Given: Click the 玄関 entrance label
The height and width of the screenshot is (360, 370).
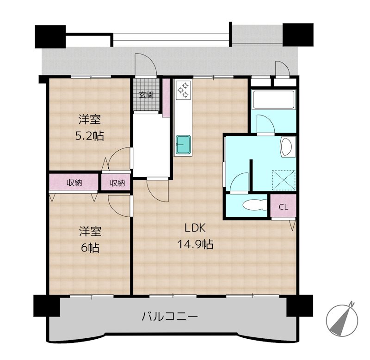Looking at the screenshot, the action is tap(146, 95).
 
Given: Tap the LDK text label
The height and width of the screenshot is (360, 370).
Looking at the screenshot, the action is tap(195, 228).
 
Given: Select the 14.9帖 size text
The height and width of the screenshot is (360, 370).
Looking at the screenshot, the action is tap(195, 244).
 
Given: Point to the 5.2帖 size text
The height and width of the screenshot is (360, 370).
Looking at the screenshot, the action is tap(89, 136).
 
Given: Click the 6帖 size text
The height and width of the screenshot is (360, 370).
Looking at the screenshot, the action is tap(90, 248).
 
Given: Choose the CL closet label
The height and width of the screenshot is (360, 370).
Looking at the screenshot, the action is tap(284, 207).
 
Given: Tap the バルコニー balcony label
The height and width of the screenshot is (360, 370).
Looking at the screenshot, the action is tap(170, 317).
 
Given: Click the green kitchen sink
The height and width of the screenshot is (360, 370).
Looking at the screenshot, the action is tap(183, 144).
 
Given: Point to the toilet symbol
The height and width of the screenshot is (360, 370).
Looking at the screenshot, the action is tap(255, 205).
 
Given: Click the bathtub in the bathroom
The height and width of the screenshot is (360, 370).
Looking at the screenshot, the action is tap(273, 99).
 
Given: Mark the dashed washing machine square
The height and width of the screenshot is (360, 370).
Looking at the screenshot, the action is tap(284, 180).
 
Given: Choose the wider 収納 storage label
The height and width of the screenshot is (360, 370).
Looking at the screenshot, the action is tap(74, 183).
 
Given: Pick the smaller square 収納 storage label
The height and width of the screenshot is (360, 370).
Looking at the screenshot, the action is tap(117, 183).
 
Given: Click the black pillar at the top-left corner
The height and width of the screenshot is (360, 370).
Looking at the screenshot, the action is tap(50, 37).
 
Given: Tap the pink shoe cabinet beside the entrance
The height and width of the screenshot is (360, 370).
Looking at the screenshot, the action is tap(166, 98).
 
